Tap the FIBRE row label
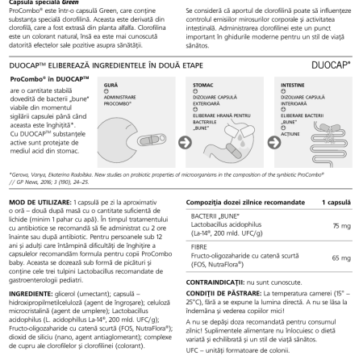(207, 248)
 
